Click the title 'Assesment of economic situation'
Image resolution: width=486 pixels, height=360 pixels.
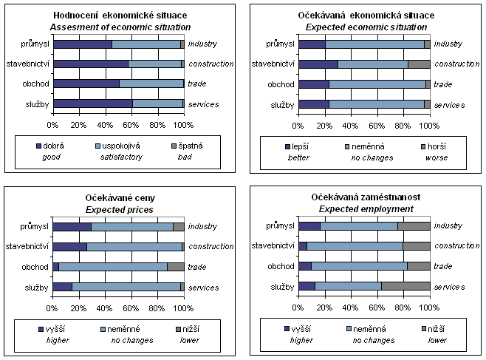(119, 27)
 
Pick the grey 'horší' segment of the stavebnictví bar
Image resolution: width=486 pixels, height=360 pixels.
(419, 64)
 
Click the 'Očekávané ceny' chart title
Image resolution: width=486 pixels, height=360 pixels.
(119, 199)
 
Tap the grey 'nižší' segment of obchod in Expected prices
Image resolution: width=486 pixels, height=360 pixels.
(175, 266)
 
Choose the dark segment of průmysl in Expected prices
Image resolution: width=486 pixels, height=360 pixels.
(72, 226)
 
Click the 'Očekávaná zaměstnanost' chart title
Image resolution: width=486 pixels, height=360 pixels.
(364, 199)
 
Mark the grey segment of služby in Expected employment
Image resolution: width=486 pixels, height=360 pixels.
(405, 286)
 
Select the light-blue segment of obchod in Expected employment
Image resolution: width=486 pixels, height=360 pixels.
(359, 266)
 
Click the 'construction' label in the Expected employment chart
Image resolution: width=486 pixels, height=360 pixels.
(457, 246)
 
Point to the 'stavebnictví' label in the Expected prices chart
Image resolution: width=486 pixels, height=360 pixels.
(27, 246)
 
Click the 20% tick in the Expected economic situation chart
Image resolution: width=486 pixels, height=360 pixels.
(325, 120)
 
